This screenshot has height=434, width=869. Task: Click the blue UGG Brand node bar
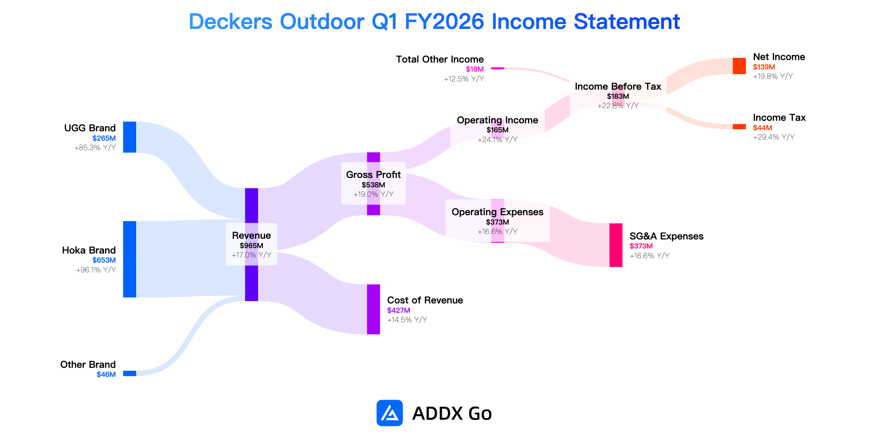click(x=130, y=137)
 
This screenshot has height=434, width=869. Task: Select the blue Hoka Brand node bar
click(x=130, y=259)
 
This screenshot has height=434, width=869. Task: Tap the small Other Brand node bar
click(x=130, y=373)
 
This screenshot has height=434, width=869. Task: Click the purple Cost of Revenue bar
click(x=373, y=309)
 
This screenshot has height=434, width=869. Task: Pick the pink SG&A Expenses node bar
click(x=616, y=245)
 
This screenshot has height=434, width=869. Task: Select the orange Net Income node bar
click(x=739, y=66)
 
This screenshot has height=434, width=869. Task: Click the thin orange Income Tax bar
click(x=739, y=127)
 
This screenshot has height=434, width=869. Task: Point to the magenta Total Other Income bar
click(x=498, y=68)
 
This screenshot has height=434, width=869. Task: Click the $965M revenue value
click(x=251, y=246)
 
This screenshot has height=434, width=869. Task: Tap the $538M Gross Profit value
click(x=373, y=185)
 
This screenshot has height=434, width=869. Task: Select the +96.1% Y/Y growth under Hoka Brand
click(x=96, y=270)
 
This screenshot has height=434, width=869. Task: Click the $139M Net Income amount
click(x=764, y=67)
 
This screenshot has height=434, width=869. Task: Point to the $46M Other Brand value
click(x=106, y=374)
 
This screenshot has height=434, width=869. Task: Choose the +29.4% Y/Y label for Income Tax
click(x=774, y=137)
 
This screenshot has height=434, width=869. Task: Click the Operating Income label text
click(x=498, y=120)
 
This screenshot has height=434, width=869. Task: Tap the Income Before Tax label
click(x=618, y=86)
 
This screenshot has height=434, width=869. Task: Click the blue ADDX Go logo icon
click(x=390, y=413)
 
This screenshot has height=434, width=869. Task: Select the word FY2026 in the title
click(x=444, y=21)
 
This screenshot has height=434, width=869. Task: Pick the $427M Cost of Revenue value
click(x=399, y=310)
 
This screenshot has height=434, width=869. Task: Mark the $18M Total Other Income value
click(x=475, y=69)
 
